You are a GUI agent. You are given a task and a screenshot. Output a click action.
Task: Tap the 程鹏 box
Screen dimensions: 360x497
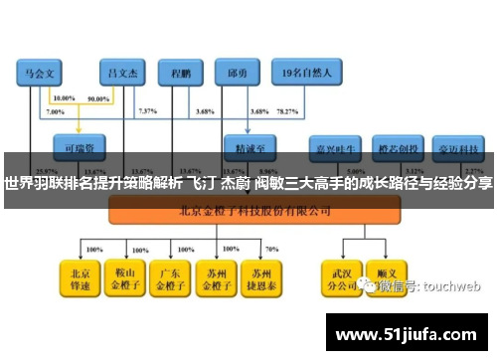[x=181, y=72]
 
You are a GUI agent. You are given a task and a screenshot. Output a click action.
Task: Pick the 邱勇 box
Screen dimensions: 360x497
[x=238, y=72]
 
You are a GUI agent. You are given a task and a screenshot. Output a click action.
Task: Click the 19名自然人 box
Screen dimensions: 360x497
[x=312, y=72]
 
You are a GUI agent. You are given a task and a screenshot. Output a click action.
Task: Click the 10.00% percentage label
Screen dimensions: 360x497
[x=63, y=99]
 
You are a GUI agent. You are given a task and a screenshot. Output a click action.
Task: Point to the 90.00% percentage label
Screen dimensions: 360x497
[x=98, y=99]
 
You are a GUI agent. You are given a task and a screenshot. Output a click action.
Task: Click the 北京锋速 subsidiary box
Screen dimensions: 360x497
[x=79, y=277]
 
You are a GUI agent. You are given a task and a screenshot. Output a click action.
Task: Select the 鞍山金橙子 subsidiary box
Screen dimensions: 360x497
[x=124, y=277]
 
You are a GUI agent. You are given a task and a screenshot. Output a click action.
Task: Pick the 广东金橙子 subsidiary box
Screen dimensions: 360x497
[x=170, y=277]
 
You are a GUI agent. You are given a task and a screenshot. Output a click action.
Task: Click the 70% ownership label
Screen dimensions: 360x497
[x=272, y=249]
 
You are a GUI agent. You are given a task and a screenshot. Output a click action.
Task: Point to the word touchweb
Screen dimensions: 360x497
[x=451, y=285]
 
